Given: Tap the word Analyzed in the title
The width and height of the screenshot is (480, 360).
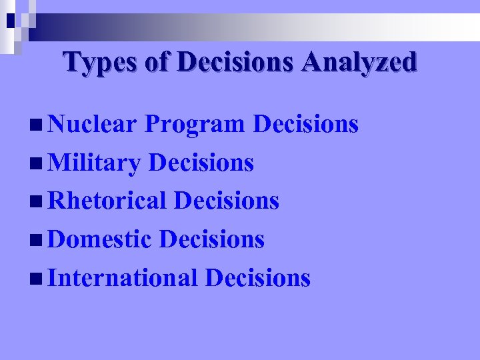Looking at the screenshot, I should [359, 62].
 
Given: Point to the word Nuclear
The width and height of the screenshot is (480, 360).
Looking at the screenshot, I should [93, 124].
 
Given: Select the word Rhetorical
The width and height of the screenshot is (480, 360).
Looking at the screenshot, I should [107, 201].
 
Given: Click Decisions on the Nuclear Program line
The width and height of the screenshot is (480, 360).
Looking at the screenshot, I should [307, 124].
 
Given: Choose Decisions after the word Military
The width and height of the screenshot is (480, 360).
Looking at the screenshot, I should [201, 163].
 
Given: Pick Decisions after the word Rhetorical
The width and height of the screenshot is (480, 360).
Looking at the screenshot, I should [227, 201].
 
